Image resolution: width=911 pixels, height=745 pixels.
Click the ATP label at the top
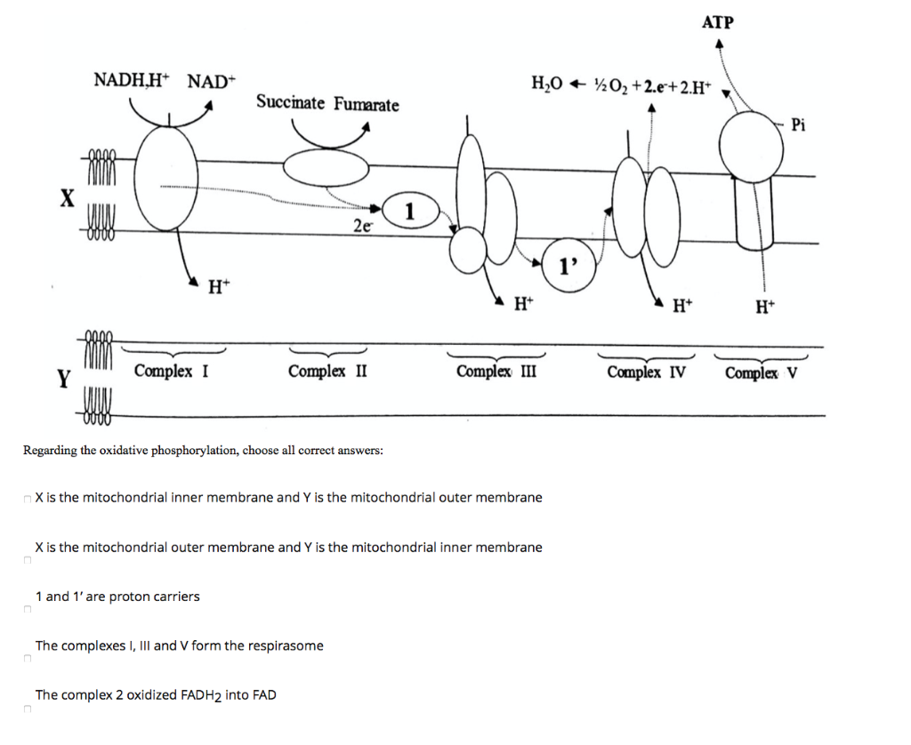(x=718, y=21)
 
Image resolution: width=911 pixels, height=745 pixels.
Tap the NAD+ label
(x=211, y=81)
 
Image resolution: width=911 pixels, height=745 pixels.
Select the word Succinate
(x=291, y=102)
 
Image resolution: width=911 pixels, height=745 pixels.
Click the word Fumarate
(x=367, y=105)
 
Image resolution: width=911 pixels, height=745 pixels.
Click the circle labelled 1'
(x=568, y=263)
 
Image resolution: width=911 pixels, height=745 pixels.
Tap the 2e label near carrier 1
(x=362, y=227)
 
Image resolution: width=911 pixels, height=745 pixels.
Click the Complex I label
(x=172, y=371)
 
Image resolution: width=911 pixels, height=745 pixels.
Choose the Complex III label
(x=496, y=371)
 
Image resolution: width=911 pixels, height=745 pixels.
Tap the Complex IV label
(x=646, y=372)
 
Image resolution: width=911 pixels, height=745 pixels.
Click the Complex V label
(x=762, y=372)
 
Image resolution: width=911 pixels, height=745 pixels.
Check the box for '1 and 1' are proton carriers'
(x=27, y=611)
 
